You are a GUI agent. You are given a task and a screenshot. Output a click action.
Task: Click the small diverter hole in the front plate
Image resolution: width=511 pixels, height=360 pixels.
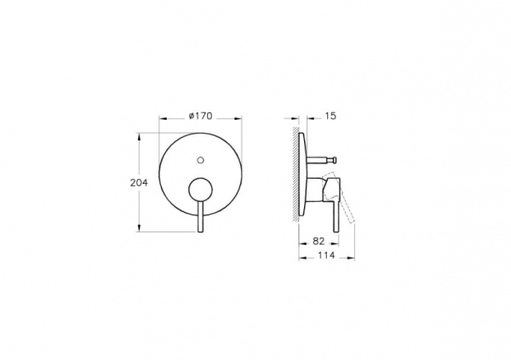(x=201, y=158)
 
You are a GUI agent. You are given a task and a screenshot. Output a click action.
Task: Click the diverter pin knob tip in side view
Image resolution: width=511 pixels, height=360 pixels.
(x=336, y=159)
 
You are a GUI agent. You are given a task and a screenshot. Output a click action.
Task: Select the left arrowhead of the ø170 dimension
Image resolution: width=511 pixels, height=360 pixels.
(x=159, y=124)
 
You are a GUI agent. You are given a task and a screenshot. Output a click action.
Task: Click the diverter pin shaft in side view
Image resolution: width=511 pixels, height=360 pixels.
(x=321, y=159)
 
